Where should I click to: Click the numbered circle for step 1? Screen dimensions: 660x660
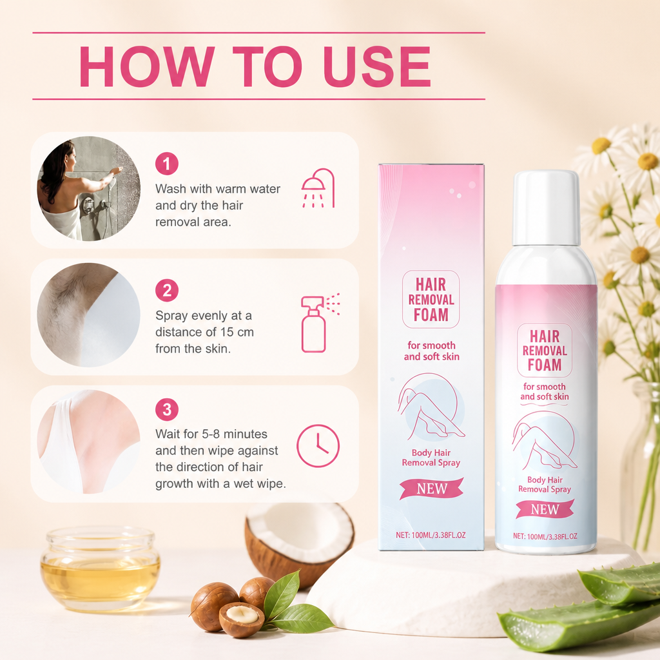(167, 164)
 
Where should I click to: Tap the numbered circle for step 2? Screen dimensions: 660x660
(167, 291)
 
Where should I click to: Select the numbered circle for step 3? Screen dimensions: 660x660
(167, 409)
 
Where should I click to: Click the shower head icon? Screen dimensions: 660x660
(318, 188)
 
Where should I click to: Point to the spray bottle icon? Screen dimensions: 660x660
(320, 322)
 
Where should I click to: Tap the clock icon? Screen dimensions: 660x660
(318, 446)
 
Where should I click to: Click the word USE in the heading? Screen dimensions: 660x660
(377, 66)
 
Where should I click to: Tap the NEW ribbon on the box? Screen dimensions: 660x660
(431, 489)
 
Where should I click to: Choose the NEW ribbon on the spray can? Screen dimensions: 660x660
(545, 509)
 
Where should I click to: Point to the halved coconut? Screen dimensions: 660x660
(299, 541)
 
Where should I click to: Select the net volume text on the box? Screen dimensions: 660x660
(431, 535)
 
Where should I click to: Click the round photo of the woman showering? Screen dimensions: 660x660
(89, 189)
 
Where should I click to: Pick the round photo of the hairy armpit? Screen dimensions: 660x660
(89, 315)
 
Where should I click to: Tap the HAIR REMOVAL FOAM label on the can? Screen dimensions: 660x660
(545, 350)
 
